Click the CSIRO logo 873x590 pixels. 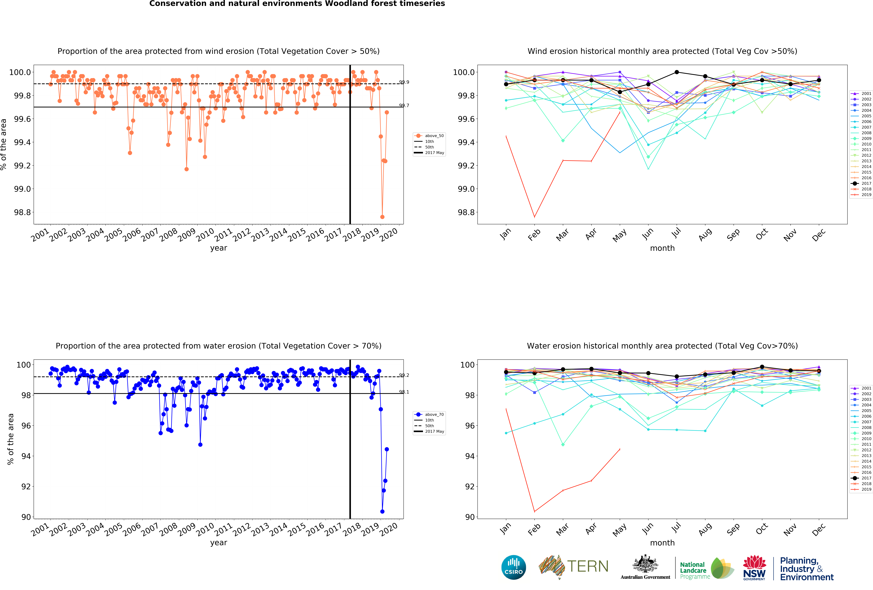click(x=513, y=567)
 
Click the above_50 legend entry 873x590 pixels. click(x=429, y=136)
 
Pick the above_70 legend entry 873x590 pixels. click(x=429, y=414)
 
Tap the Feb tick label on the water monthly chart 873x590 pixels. click(x=534, y=529)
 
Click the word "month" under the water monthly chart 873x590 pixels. click(x=662, y=543)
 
